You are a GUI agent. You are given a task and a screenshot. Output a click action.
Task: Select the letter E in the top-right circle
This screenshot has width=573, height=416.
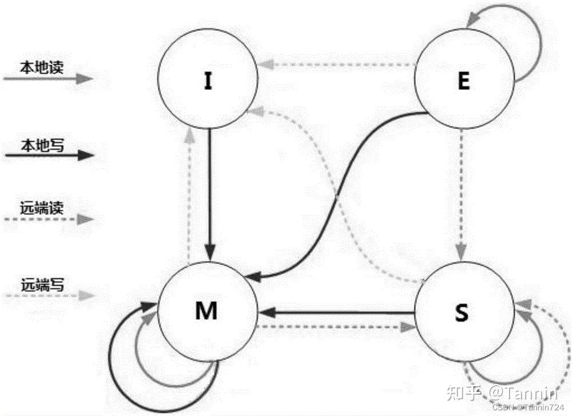point(463,82)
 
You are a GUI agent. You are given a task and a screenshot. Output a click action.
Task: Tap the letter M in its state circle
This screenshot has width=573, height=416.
point(206,311)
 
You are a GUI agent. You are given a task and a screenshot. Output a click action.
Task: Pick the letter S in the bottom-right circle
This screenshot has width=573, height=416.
point(462,313)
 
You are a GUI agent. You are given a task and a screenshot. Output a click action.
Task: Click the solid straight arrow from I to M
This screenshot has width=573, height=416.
point(210,194)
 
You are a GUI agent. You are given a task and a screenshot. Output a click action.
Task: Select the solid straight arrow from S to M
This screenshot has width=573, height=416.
point(337,313)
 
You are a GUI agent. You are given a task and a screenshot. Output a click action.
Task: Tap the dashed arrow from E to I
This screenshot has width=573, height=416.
point(337,65)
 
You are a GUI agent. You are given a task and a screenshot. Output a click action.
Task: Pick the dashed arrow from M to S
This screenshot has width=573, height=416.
point(337,327)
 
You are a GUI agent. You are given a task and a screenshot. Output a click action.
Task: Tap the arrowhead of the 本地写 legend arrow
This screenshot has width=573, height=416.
point(86,155)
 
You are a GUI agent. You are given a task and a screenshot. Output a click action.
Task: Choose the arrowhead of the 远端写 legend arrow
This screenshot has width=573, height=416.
point(86,295)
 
